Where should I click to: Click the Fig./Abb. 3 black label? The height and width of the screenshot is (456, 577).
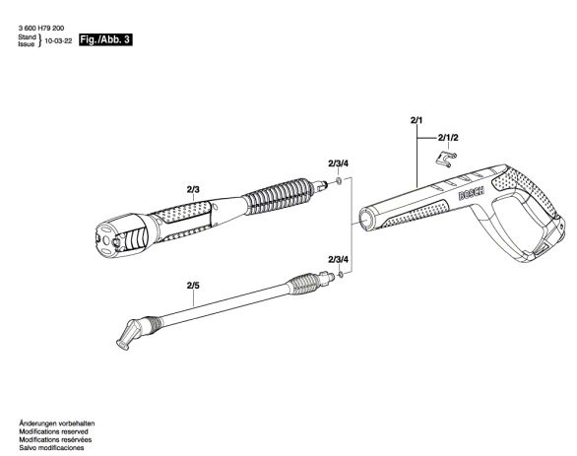(105, 39)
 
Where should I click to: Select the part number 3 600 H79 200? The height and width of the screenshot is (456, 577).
(40, 29)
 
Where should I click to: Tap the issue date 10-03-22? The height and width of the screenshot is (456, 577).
(58, 40)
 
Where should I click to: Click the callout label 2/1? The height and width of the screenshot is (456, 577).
(417, 120)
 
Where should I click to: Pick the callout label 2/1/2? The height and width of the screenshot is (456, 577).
(448, 138)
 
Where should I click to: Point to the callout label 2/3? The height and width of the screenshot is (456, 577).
(193, 189)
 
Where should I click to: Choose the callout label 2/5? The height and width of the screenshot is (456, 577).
(193, 286)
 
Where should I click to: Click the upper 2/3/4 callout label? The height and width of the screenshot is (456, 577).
(338, 163)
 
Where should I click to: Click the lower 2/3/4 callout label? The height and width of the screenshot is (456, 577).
(338, 259)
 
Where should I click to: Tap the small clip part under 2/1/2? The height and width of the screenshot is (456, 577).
(446, 160)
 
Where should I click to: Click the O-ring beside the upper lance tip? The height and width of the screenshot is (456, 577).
(338, 181)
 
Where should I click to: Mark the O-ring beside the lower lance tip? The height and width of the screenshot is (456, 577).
(341, 274)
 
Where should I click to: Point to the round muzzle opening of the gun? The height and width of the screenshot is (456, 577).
(365, 219)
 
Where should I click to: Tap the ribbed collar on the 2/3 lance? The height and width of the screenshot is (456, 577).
(280, 196)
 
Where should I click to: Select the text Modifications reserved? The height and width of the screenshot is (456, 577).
(54, 431)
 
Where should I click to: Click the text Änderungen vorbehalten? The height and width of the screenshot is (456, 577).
(57, 423)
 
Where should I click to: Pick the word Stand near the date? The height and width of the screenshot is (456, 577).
(27, 37)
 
